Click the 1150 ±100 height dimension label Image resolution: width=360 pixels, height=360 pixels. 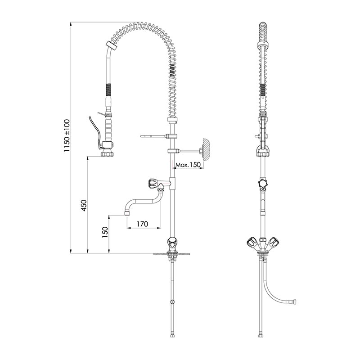(67, 135)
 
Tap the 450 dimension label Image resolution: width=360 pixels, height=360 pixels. (84, 206)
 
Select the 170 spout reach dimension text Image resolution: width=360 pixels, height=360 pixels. (142, 224)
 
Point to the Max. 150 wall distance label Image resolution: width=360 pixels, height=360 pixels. (188, 165)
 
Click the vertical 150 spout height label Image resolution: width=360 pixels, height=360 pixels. (105, 232)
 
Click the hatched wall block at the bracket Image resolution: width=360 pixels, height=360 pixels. (206, 149)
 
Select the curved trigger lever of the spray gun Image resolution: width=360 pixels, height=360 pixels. (94, 131)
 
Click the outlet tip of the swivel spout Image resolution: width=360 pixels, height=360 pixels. (127, 213)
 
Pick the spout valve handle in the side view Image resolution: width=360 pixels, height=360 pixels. (153, 184)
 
